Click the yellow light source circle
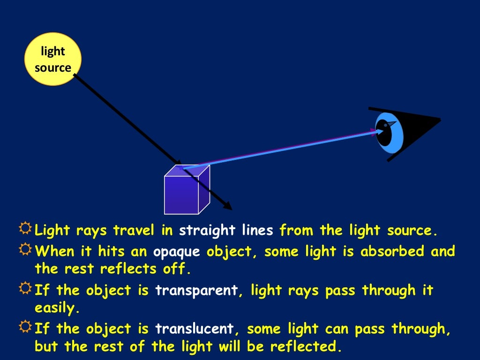coord(53,60)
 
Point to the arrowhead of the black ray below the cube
coord(228,206)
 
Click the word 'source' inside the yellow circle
coord(53,68)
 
